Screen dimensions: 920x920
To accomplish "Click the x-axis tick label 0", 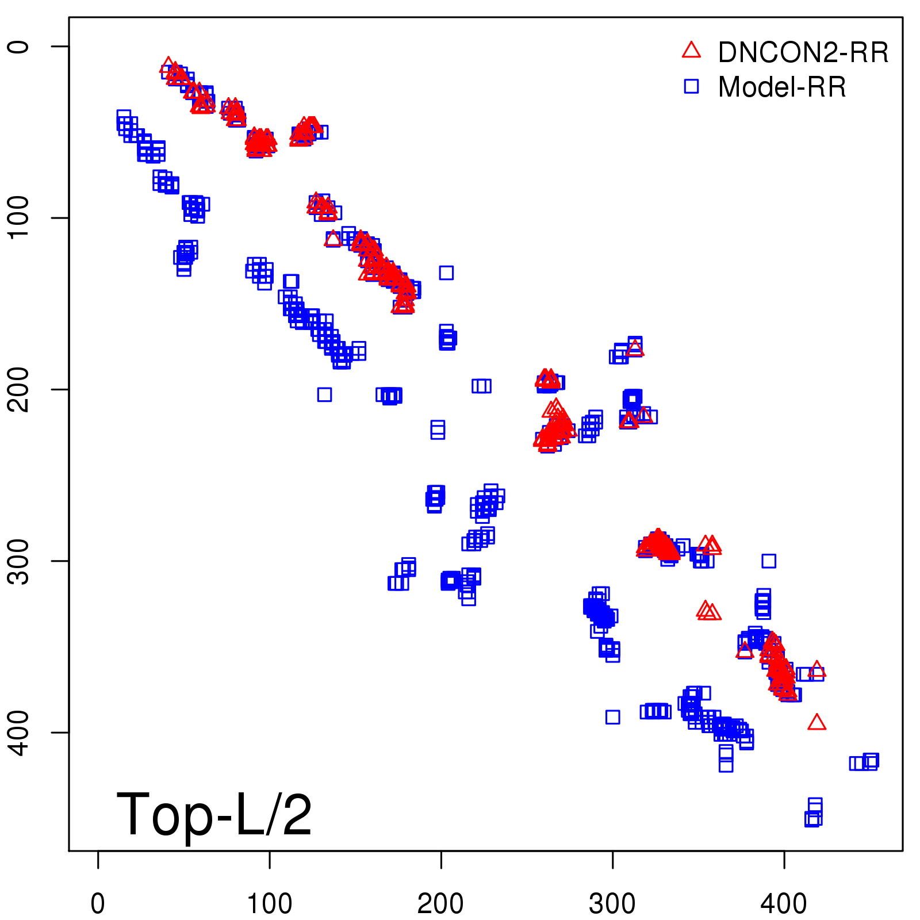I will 98,904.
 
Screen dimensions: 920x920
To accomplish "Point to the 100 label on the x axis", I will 269,904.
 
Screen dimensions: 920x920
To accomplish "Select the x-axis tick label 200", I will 440,904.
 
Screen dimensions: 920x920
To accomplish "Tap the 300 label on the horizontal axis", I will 612,904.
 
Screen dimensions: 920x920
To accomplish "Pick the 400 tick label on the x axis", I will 784,904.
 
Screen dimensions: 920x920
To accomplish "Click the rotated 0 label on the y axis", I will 18,47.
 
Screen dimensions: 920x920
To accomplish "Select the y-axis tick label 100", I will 18,217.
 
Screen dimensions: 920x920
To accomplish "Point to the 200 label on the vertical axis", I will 18,389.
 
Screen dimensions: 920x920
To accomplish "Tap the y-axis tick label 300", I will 18,561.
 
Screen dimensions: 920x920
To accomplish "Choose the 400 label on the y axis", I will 18,732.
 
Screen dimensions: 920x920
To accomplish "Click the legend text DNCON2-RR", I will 803,53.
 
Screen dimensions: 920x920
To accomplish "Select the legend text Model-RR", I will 782,87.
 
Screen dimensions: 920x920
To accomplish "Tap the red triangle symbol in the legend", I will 691,51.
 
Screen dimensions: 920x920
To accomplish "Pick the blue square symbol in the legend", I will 691,86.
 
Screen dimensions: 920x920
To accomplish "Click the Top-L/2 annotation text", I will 214,814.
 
